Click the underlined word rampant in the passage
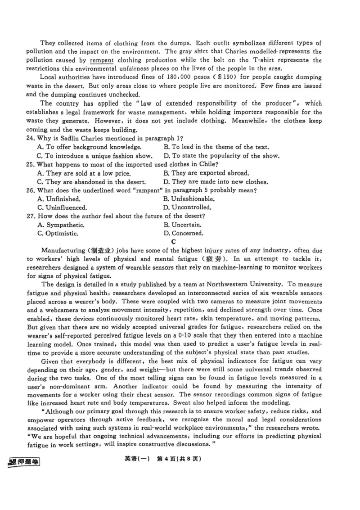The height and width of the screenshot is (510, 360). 102,60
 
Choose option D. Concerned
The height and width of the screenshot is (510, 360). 184,234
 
